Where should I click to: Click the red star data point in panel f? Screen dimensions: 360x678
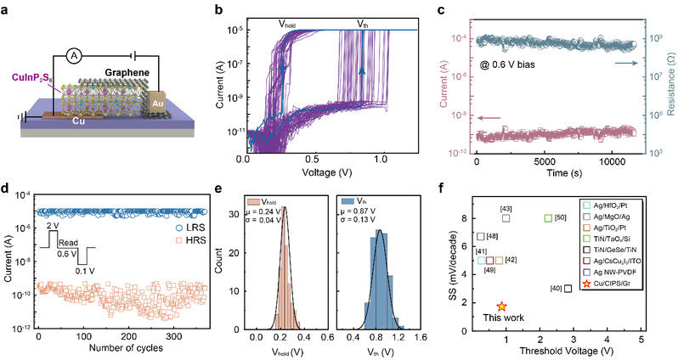click(502, 306)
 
